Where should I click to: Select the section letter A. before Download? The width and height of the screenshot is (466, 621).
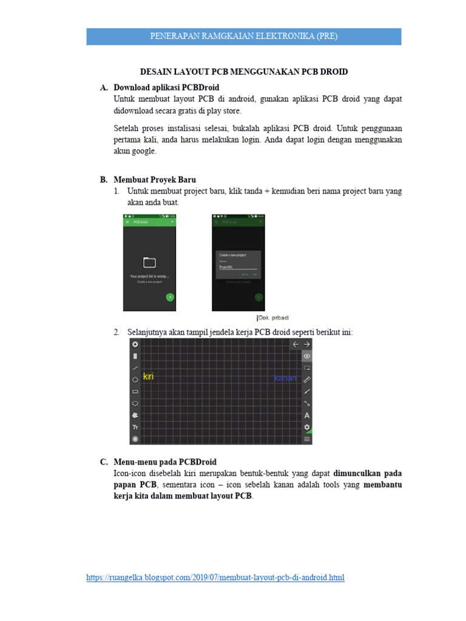(x=104, y=87)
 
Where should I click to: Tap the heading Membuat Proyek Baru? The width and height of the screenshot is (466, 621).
(x=155, y=180)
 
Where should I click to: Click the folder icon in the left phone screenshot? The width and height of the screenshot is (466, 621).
(x=149, y=262)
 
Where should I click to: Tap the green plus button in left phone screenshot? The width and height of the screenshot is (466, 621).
(x=170, y=297)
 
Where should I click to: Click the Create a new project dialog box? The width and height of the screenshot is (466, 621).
(x=238, y=264)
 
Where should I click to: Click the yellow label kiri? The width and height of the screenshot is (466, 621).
(x=148, y=377)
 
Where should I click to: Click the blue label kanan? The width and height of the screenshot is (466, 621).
(x=285, y=378)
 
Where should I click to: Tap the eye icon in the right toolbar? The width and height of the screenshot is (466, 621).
(x=307, y=357)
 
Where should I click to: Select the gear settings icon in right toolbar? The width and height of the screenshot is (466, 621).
(x=307, y=427)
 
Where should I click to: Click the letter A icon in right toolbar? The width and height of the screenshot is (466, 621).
(x=307, y=415)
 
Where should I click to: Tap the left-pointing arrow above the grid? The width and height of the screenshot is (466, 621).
(x=295, y=344)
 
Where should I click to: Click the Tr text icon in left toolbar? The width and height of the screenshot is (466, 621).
(x=135, y=428)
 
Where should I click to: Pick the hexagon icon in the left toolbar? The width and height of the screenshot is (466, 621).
(x=135, y=403)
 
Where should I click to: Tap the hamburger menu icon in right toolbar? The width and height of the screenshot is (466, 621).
(x=307, y=438)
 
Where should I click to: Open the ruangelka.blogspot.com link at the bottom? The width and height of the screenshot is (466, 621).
(x=215, y=577)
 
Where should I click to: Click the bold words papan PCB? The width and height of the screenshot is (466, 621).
(x=135, y=485)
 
